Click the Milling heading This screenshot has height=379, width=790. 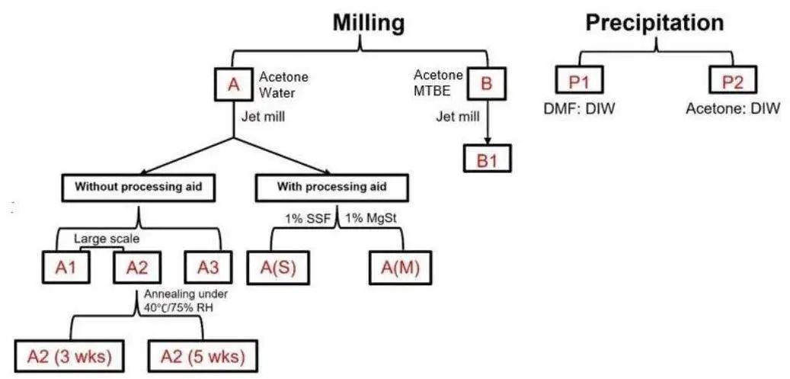click(368, 23)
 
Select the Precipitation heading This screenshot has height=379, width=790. click(654, 23)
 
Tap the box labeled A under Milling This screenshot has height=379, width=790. click(233, 84)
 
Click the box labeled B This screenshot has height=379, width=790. click(486, 83)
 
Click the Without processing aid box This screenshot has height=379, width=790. click(138, 188)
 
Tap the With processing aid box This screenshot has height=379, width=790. click(332, 188)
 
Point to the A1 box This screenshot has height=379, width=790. click(66, 268)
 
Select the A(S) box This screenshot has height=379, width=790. click(277, 268)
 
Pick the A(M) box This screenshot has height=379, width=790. click(401, 268)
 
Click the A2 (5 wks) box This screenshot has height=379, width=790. click(203, 356)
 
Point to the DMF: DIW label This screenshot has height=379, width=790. click(581, 108)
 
